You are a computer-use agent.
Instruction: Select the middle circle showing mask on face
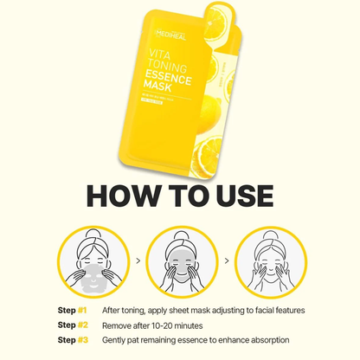[180, 260]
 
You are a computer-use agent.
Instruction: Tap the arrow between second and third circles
[225, 260]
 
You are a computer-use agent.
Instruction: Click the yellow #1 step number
[82, 309]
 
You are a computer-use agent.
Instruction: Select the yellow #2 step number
[82, 325]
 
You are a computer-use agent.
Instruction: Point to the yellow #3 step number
[82, 340]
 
